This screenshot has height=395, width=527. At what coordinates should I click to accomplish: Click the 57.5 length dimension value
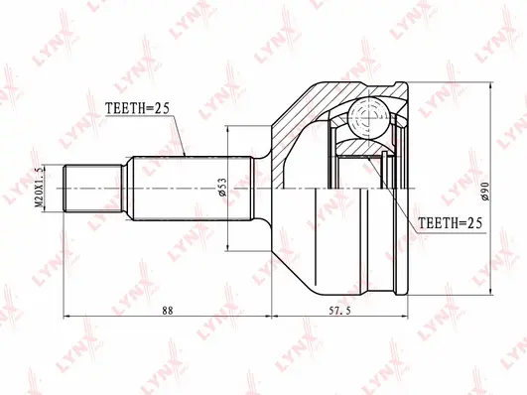pos(342,311)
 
